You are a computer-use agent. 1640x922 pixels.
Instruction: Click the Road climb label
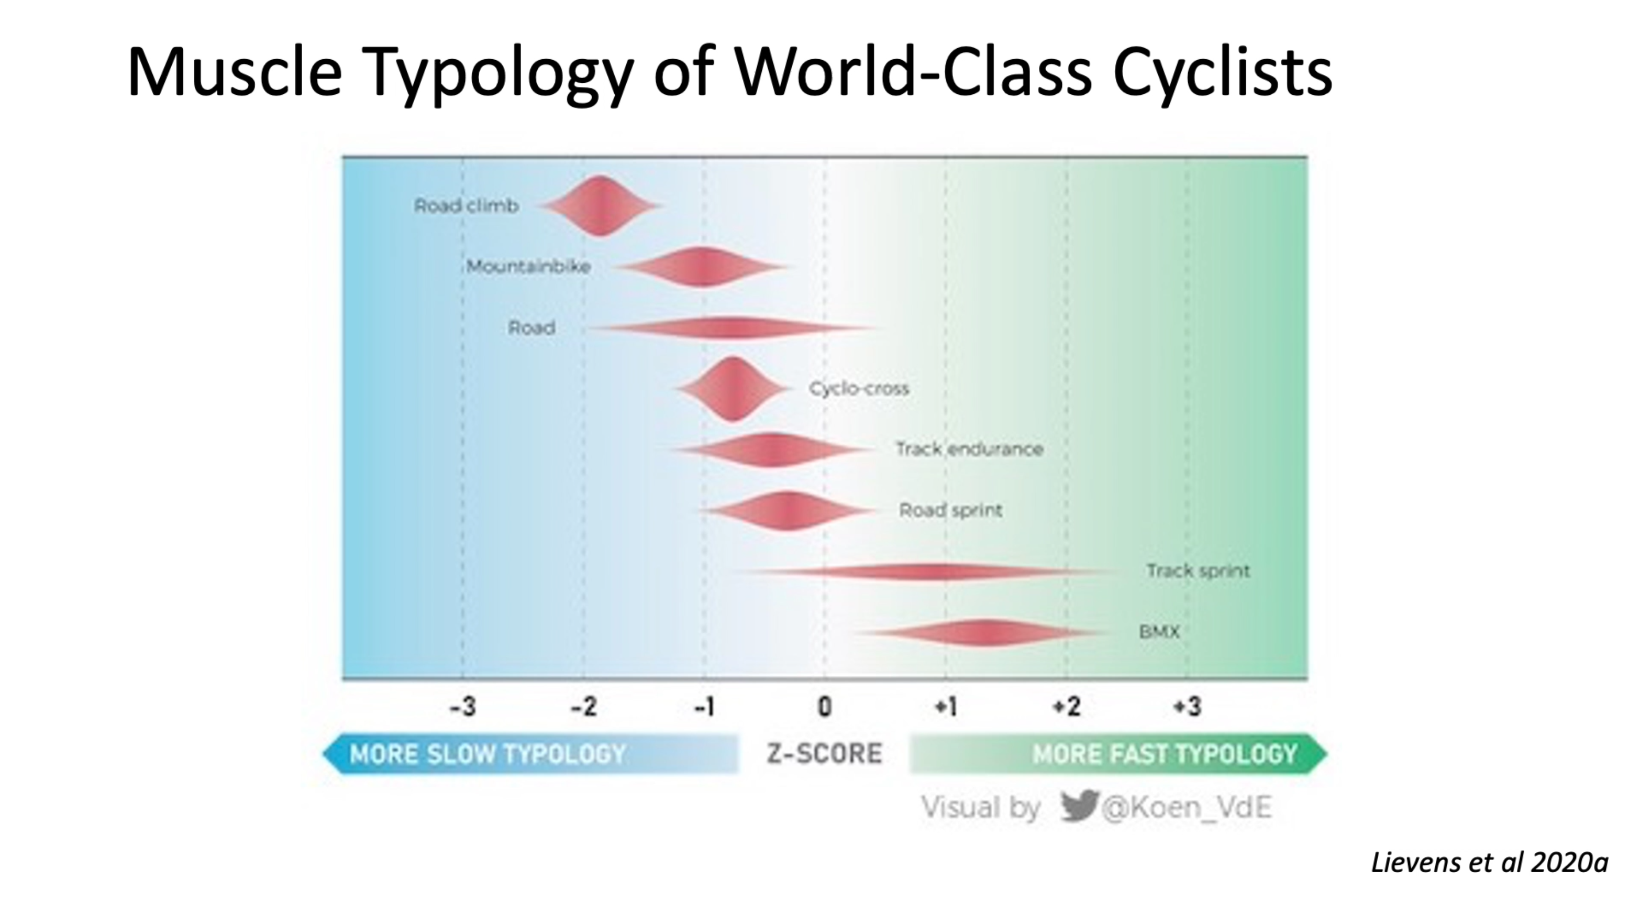[x=466, y=206]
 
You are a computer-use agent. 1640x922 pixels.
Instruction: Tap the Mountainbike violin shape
[x=702, y=267]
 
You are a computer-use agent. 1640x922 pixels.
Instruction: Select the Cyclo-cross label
[x=858, y=388]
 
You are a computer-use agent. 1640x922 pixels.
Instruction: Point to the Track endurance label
[x=969, y=449]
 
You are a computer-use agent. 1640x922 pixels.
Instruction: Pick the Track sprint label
[x=1198, y=571]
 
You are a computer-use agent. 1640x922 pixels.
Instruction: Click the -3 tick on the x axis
[x=463, y=707]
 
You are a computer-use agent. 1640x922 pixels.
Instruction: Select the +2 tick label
[x=1067, y=707]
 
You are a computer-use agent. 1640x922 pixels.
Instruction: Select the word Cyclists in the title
[x=1222, y=71]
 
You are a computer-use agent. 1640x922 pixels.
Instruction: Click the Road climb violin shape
[x=601, y=206]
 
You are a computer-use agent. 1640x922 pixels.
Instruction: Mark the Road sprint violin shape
[x=788, y=511]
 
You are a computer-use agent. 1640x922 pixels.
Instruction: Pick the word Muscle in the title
[x=234, y=71]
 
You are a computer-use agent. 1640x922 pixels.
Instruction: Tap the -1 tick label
[x=704, y=707]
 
